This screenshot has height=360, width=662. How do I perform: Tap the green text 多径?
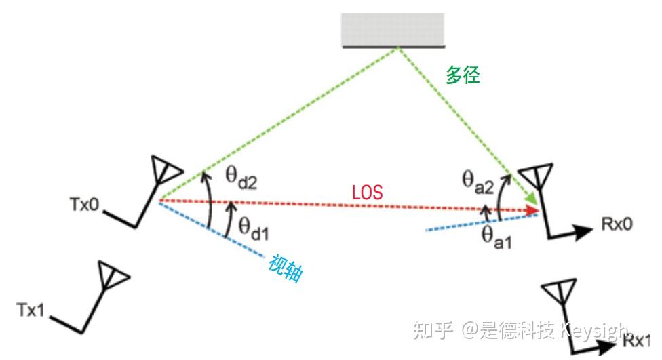(463, 75)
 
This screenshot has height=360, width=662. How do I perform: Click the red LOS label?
(367, 193)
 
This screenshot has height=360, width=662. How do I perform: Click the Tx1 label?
(31, 310)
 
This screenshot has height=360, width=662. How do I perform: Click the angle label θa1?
(496, 237)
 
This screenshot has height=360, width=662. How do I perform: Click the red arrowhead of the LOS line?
(534, 211)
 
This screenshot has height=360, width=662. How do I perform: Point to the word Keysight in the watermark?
(593, 332)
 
